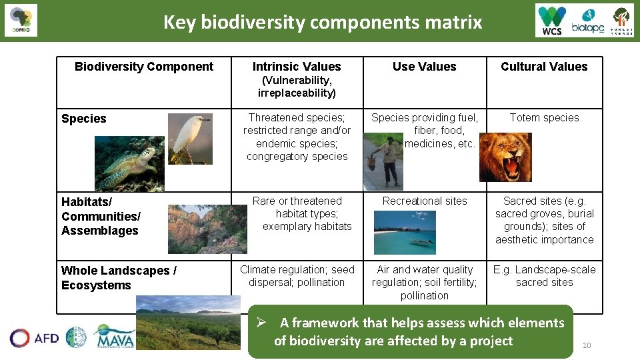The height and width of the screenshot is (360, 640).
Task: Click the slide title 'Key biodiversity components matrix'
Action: coord(323,22)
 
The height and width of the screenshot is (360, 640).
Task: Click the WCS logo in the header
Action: coord(553,20)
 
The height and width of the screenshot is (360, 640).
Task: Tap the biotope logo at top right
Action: coord(588,20)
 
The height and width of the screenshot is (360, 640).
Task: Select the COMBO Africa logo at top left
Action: coord(21,20)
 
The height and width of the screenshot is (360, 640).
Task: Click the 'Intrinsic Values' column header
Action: coord(297,67)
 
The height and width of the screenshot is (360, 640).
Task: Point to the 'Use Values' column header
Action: coord(424,67)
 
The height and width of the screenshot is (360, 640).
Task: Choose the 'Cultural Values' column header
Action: coord(544,67)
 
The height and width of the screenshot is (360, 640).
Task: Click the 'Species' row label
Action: coord(84,119)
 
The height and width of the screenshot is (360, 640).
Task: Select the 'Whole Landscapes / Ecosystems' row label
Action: coord(119,278)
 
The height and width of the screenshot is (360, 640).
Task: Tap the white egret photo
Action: coord(189,138)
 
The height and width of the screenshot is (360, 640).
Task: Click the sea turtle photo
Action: coord(129,163)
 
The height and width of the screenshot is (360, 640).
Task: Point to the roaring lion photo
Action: coord(505,157)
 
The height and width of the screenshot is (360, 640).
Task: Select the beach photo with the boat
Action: coord(405,233)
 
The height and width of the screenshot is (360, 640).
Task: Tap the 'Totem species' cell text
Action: coord(544,118)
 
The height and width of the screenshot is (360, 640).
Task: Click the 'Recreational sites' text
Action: coord(425,201)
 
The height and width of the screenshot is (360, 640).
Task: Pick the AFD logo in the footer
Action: coord(34,338)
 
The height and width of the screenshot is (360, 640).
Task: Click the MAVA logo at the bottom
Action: coord(114,337)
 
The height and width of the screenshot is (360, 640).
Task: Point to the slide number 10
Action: coord(587,345)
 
